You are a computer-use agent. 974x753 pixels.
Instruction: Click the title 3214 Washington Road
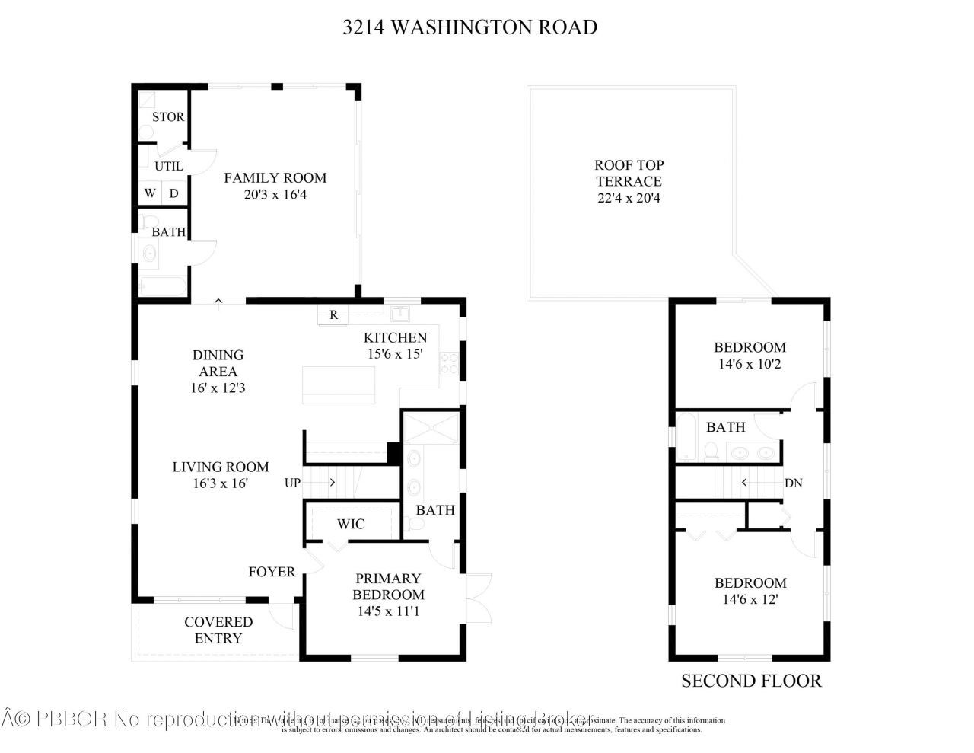click(469, 27)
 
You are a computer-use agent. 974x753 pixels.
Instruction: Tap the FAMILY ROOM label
click(275, 178)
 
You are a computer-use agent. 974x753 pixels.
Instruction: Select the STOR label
click(167, 117)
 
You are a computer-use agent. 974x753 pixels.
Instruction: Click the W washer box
click(150, 193)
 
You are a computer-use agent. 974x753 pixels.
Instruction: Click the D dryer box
click(174, 193)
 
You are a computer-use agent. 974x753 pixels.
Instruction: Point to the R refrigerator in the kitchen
click(333, 314)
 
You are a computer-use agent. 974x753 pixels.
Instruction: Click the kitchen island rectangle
click(339, 385)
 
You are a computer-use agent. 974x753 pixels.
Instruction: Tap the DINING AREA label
click(218, 363)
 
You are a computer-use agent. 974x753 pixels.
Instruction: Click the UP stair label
click(292, 483)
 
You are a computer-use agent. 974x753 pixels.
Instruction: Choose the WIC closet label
click(351, 524)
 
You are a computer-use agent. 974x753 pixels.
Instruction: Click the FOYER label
click(272, 572)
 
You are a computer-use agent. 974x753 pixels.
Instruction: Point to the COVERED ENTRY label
click(218, 630)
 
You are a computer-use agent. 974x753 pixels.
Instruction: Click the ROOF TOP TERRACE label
click(629, 174)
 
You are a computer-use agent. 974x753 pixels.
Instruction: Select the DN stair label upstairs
click(793, 483)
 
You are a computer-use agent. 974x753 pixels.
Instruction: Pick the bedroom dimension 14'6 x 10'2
click(750, 365)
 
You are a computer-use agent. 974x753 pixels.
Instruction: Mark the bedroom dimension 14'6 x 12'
click(750, 600)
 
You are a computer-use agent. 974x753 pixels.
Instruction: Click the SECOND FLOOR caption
click(751, 681)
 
